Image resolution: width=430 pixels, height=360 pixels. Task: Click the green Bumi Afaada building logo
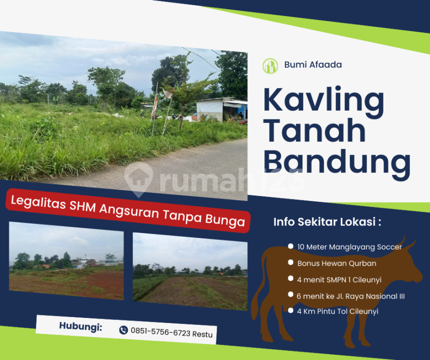point(270,66)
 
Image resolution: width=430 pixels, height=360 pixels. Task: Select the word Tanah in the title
point(314,130)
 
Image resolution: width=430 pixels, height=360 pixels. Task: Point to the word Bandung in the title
point(337,163)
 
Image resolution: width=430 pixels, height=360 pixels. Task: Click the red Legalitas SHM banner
point(128,210)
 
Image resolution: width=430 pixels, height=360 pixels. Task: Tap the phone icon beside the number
point(124,330)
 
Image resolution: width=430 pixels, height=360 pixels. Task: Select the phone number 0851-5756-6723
point(160,332)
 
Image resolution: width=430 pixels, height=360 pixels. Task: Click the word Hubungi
point(81,326)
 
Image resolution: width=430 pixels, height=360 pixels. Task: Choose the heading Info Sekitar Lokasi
point(327,222)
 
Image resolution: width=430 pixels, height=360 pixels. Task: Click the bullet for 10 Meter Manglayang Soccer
point(291,246)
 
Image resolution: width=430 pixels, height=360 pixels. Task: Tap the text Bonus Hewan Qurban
point(337,263)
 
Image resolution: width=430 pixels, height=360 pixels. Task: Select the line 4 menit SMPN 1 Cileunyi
point(339,279)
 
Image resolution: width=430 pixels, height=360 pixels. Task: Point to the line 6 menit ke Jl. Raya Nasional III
point(351,296)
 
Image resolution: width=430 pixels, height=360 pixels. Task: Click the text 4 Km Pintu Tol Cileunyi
point(337,311)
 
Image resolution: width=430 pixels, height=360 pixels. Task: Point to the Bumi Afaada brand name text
point(313,64)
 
